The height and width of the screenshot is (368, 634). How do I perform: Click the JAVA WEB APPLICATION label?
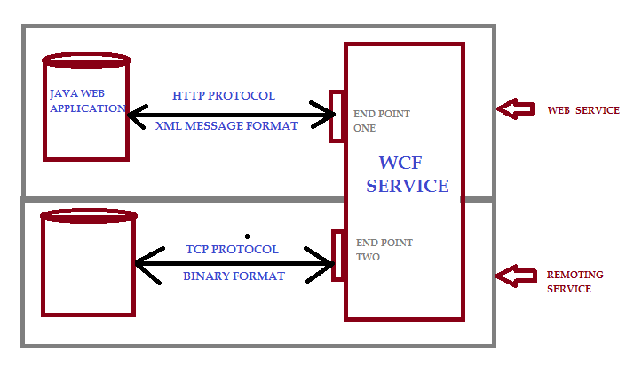coord(87,100)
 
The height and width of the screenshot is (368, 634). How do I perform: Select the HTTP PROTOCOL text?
coord(224,95)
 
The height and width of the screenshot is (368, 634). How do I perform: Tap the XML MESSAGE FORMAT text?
coord(226,126)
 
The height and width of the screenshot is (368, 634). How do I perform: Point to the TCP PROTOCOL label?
coord(232,249)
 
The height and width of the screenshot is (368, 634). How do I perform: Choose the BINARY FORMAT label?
coord(234,276)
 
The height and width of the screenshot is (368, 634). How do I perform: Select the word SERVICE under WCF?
coord(408,187)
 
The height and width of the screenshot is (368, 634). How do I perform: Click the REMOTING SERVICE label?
coord(575,282)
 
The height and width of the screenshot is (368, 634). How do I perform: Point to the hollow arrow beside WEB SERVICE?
coord(514,109)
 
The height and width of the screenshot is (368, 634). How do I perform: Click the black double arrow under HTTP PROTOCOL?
coord(232,114)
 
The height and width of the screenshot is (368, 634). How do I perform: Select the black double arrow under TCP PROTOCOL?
coord(234,263)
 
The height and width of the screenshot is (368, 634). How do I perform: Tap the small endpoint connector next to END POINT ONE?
coord(337,116)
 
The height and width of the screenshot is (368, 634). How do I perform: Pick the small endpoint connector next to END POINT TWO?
coord(337,255)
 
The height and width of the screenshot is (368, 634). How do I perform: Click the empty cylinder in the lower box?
coord(89,264)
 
